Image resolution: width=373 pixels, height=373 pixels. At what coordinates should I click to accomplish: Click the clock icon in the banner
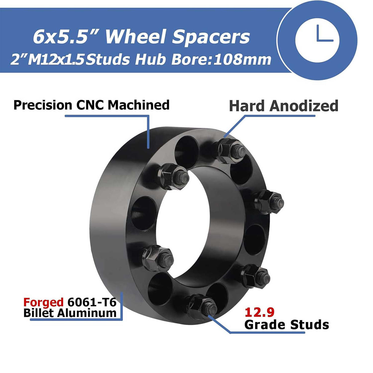point(317,40)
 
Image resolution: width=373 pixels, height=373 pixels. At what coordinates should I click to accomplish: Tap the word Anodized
point(304,106)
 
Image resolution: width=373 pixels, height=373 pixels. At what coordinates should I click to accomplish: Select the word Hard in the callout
point(247,106)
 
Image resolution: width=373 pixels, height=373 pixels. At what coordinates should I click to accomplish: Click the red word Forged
point(43,302)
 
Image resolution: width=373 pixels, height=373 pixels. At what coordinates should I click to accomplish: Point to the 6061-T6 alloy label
point(92,302)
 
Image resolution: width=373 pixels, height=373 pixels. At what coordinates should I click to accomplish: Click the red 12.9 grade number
point(260,312)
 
